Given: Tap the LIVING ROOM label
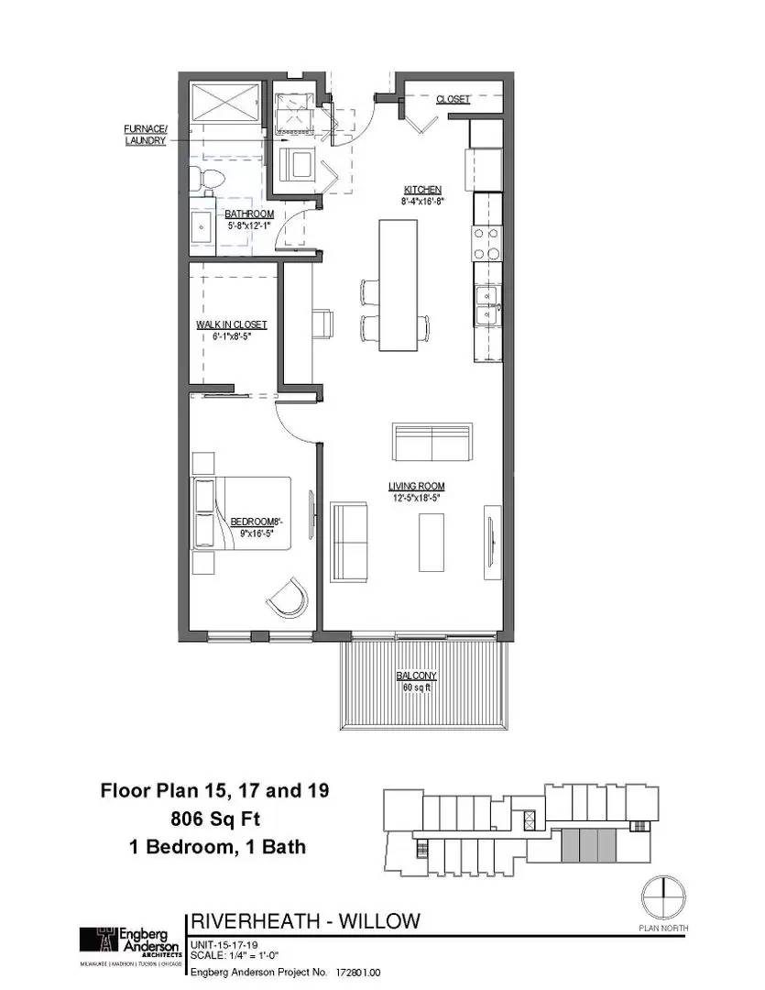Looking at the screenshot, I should [416, 487].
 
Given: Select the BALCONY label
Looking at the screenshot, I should [416, 676].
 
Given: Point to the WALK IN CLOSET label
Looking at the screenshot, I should [231, 324].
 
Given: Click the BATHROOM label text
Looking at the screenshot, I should [249, 214].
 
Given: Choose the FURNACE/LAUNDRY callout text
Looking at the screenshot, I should [145, 135].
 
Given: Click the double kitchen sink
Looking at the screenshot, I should [486, 305].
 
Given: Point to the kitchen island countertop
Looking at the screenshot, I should [395, 284].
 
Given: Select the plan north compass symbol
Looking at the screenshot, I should [661, 898].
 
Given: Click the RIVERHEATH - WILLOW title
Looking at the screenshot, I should [305, 920].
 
